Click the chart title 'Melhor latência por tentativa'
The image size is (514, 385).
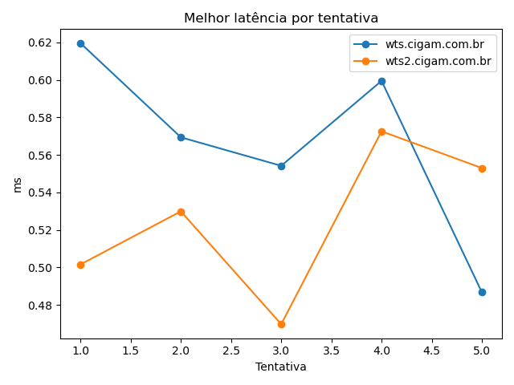click(x=281, y=18)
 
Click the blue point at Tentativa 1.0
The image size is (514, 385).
click(x=80, y=43)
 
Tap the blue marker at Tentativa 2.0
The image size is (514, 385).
click(x=181, y=137)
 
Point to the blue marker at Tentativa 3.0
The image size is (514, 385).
click(x=281, y=166)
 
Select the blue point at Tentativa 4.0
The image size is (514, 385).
click(x=381, y=81)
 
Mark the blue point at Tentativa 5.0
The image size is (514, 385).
click(x=482, y=292)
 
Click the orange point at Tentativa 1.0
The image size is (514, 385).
click(x=80, y=265)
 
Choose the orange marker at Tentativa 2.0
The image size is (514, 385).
click(x=181, y=212)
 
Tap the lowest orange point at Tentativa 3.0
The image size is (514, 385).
click(x=281, y=324)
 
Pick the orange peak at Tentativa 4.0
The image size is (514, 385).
click(x=381, y=132)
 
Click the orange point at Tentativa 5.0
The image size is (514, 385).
click(x=482, y=168)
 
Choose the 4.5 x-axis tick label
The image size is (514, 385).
click(x=431, y=351)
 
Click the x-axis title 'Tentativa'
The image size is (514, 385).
click(x=281, y=367)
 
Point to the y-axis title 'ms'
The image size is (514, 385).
click(x=17, y=184)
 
